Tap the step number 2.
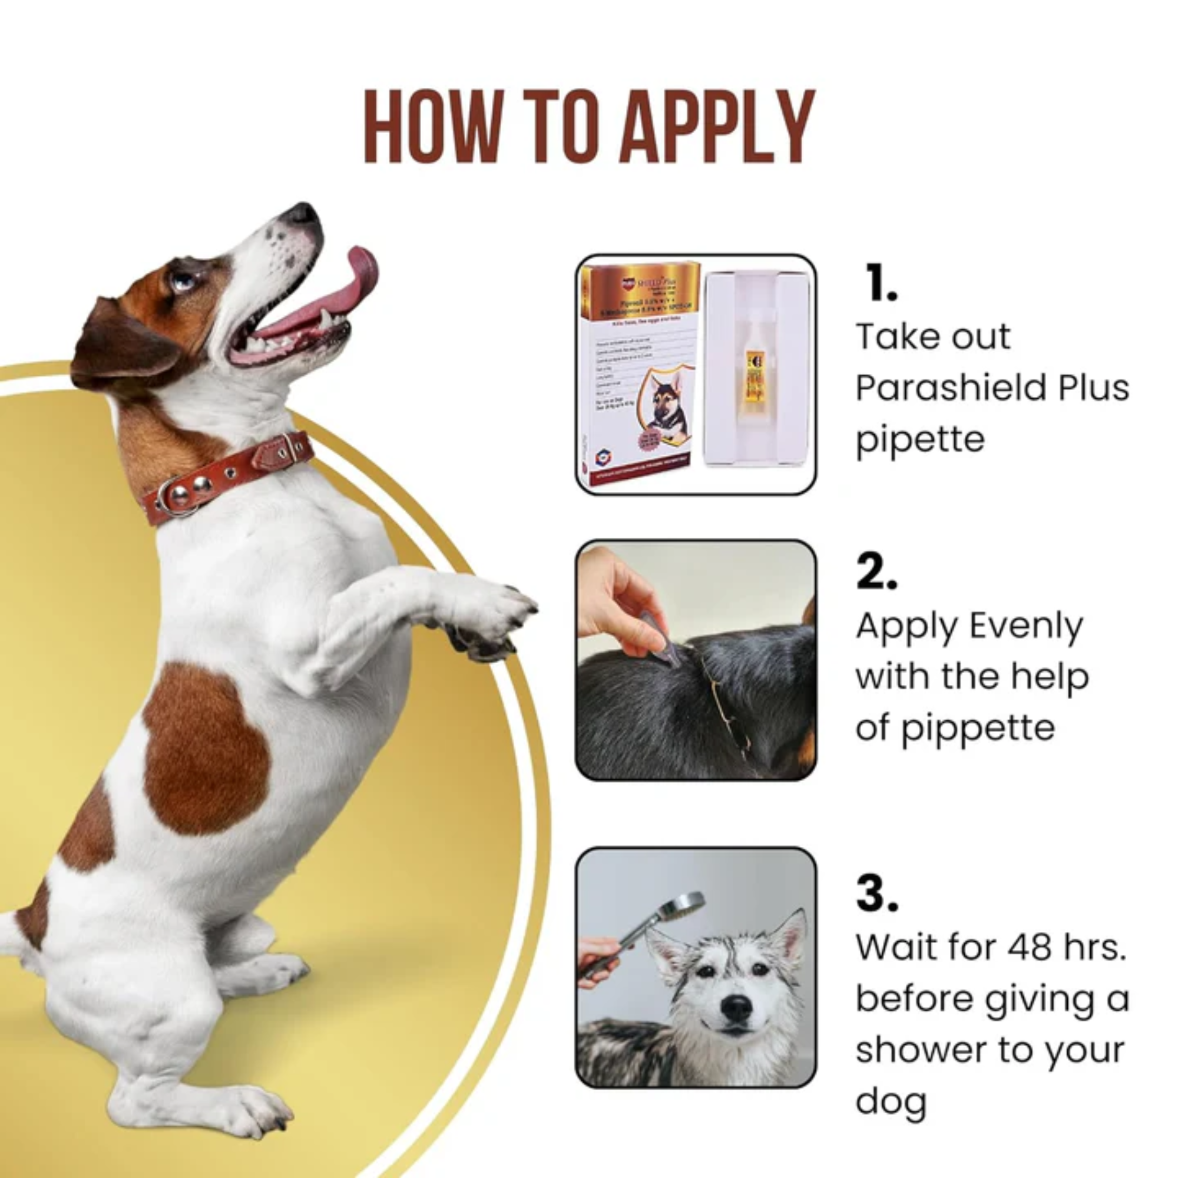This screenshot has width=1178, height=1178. point(877,573)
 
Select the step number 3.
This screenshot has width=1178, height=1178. point(877,894)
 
